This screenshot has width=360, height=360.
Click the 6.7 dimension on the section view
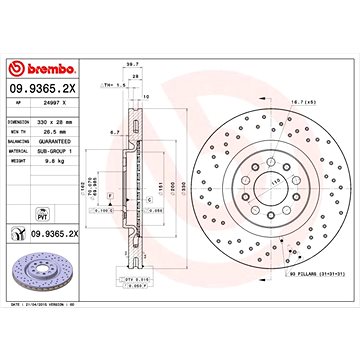[116, 131]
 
